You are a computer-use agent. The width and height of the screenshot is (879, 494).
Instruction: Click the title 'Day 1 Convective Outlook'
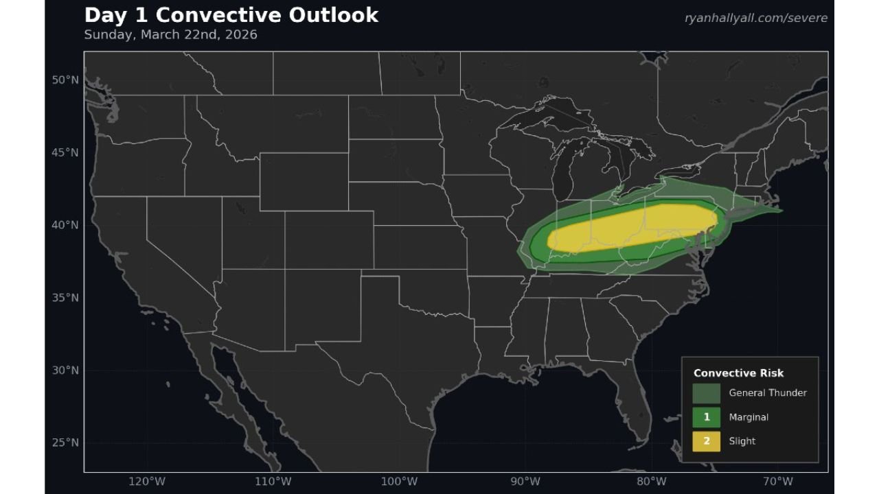(x=231, y=15)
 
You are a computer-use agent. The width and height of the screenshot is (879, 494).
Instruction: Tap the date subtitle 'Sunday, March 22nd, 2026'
(x=170, y=34)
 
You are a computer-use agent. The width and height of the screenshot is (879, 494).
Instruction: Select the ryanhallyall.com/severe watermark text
(x=755, y=18)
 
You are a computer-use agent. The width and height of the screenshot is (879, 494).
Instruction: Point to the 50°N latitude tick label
(x=65, y=80)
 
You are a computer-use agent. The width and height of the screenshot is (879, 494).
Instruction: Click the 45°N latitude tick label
(x=65, y=152)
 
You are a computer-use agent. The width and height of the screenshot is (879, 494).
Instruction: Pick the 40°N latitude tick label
(x=65, y=225)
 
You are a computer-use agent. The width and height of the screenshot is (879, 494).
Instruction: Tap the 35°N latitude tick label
(x=65, y=298)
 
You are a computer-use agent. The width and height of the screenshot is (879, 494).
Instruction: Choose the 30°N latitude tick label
(x=65, y=370)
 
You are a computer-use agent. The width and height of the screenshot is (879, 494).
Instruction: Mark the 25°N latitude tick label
(x=65, y=443)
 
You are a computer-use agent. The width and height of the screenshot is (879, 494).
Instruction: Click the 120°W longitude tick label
(x=146, y=481)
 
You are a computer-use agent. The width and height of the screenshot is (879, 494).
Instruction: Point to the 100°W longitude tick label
(x=399, y=481)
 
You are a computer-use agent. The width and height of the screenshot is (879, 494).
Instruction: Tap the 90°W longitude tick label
(x=525, y=481)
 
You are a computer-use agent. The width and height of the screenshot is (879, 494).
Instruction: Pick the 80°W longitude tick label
(x=652, y=481)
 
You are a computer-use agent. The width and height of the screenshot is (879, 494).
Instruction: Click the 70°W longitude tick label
(x=778, y=481)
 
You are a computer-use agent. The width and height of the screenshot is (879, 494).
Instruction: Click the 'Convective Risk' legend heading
(x=738, y=373)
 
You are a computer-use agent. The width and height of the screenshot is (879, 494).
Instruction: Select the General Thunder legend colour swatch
(x=706, y=393)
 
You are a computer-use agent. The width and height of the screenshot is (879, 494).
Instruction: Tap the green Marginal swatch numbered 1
(x=706, y=417)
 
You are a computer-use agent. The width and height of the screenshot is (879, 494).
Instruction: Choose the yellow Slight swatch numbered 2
(x=706, y=441)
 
